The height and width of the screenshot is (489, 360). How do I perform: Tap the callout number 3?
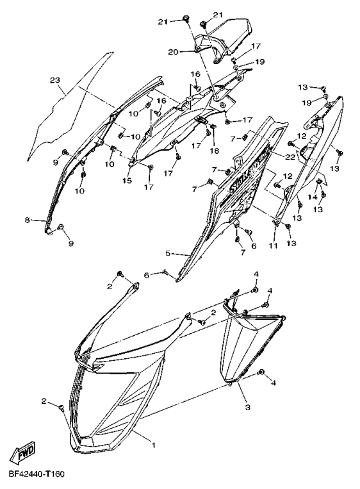(x=246, y=406)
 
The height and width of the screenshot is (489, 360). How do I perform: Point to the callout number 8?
(x=28, y=220)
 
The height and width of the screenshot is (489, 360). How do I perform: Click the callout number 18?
(x=214, y=151)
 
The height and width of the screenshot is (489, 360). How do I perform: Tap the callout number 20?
(x=173, y=51)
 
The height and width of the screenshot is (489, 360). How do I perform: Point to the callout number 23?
(x=54, y=80)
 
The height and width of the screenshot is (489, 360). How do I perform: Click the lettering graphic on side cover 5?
(x=243, y=179)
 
